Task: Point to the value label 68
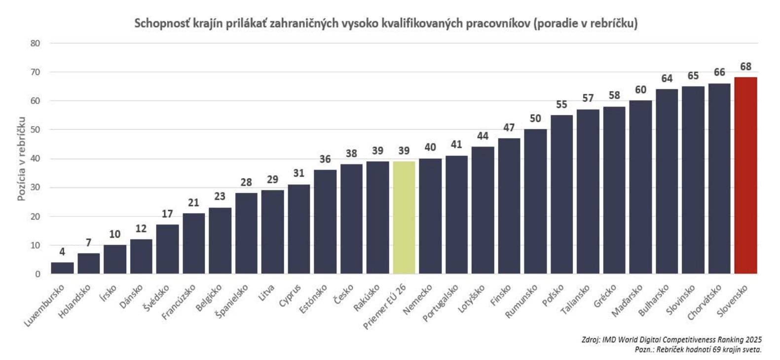pos(745,67)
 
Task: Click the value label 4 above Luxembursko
pos(62,252)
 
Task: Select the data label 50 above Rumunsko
pos(535,119)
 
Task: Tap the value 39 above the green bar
pos(404,151)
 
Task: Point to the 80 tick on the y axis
pos(35,43)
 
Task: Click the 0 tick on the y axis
pos(37,274)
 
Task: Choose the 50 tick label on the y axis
pos(35,130)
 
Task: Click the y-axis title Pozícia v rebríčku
pos(21,158)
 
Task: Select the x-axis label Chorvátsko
pos(705,301)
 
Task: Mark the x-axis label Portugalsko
pos(441,302)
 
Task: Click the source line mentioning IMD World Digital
pos(671,339)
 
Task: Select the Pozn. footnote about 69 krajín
pos(698,349)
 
